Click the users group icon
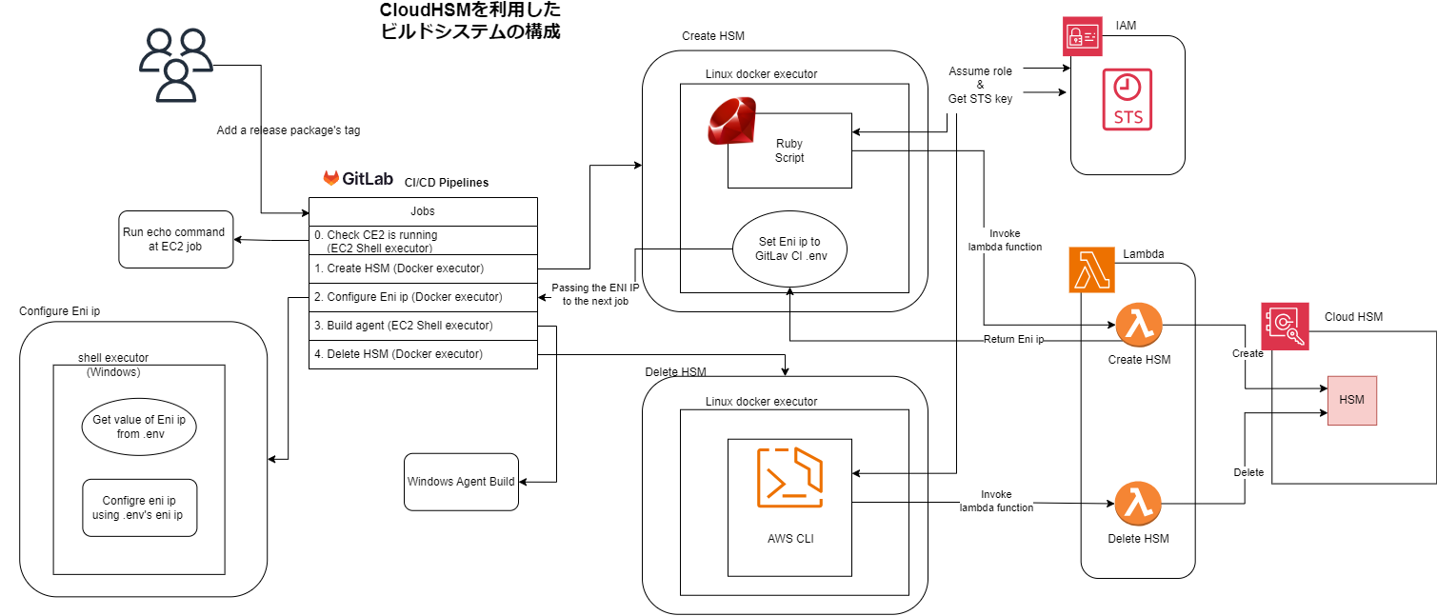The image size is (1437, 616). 175,65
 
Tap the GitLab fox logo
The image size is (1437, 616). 330,178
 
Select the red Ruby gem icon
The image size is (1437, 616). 731,123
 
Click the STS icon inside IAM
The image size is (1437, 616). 1128,99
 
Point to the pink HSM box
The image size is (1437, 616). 1351,400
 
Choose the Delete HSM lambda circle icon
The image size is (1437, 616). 1138,505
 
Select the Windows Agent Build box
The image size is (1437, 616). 461,482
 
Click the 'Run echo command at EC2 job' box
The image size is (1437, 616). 175,239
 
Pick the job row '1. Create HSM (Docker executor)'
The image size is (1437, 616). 423,268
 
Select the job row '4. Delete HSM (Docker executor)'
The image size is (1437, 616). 423,354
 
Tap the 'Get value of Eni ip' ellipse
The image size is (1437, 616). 139,427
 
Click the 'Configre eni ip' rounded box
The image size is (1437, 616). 139,507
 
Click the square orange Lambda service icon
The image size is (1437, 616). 1090,269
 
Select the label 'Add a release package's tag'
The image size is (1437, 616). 289,130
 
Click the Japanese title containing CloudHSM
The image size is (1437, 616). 470,21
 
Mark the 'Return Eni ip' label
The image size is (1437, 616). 1013,339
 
